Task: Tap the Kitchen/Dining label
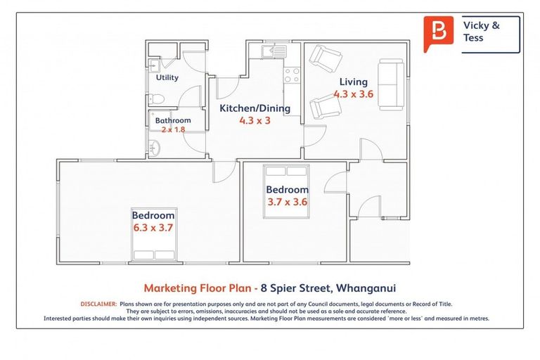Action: [255, 108]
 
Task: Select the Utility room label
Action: [167, 77]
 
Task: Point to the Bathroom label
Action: [173, 120]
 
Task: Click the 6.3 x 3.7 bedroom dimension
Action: [153, 228]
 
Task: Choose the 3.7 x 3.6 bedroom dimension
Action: [287, 202]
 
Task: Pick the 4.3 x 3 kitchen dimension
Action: [255, 120]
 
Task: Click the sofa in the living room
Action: [390, 84]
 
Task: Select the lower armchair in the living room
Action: [326, 108]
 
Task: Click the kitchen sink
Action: [271, 51]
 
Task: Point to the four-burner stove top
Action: [292, 75]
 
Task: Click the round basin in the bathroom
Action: [155, 148]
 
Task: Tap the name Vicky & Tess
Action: [482, 32]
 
